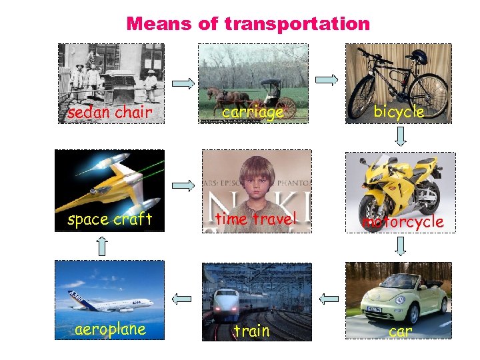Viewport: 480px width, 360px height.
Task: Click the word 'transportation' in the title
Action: [x=297, y=24]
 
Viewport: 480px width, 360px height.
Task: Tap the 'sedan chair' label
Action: [x=110, y=113]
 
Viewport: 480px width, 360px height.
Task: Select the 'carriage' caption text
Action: [x=253, y=112]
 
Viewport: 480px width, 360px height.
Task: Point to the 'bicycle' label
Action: [x=399, y=112]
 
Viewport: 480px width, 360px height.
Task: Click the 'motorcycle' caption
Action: [x=402, y=221]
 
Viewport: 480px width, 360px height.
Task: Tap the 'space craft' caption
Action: [x=110, y=219]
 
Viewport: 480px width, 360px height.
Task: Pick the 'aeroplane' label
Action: [x=111, y=330]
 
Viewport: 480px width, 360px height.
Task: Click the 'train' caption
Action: [x=252, y=331]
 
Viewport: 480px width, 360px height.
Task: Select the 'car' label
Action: [x=400, y=331]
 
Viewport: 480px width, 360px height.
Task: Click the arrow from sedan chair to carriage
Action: [x=182, y=83]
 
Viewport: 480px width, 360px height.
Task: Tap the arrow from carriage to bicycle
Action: [x=327, y=80]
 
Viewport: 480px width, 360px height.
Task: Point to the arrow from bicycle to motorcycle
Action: [x=401, y=137]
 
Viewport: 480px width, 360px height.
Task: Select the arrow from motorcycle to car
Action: [x=401, y=247]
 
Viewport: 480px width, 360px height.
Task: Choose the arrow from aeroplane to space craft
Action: [x=101, y=247]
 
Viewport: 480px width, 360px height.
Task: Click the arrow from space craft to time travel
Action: [x=182, y=185]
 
